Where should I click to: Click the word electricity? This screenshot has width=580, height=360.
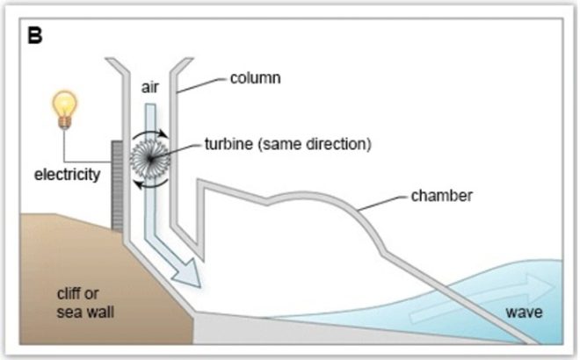click(67, 174)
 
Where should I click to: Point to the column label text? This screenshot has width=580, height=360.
click(255, 78)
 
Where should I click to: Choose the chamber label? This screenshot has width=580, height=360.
click(441, 195)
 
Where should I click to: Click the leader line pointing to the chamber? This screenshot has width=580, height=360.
click(381, 200)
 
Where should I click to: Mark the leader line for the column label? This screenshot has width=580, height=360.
click(200, 83)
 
